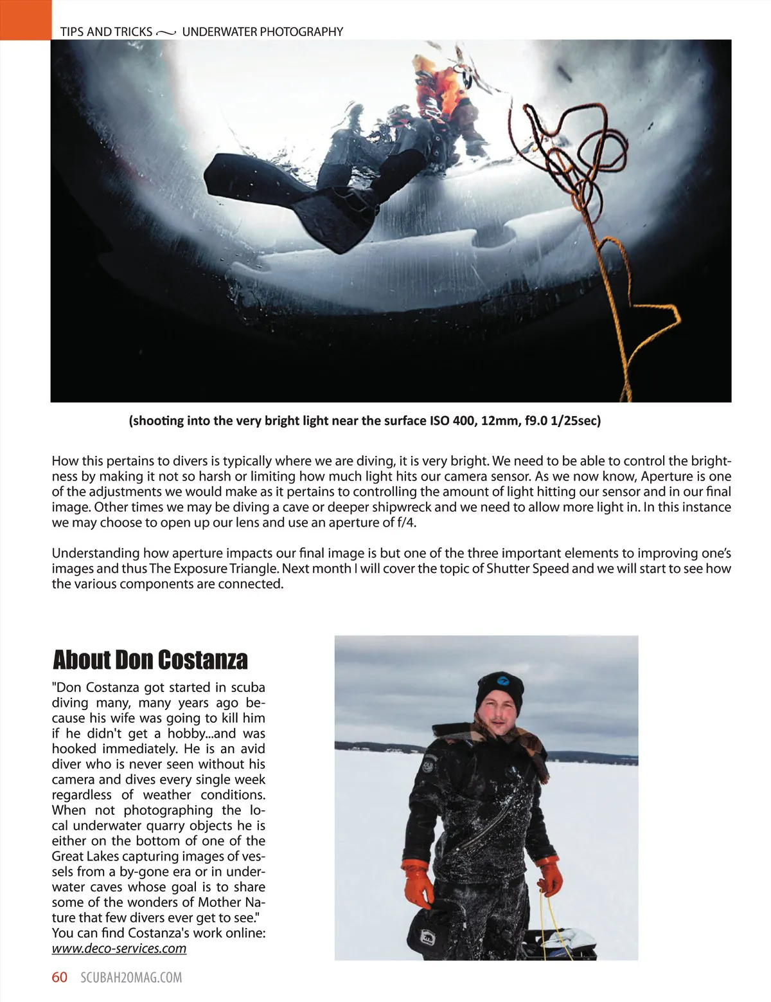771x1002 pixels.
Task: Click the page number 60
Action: pyautogui.click(x=59, y=977)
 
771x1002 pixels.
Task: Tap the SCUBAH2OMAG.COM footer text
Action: pyautogui.click(x=131, y=978)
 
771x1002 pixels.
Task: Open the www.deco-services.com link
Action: pyautogui.click(x=119, y=949)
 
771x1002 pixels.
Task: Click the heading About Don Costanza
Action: pyautogui.click(x=150, y=660)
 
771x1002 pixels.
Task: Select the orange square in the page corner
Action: pyautogui.click(x=25, y=19)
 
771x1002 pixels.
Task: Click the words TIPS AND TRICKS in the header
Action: pyautogui.click(x=106, y=32)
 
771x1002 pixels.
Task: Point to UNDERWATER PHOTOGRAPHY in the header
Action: pyautogui.click(x=262, y=32)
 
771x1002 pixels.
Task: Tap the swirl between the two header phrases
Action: pyautogui.click(x=166, y=32)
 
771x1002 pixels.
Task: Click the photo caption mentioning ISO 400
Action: pyautogui.click(x=364, y=421)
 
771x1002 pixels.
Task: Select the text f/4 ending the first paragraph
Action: pyautogui.click(x=405, y=522)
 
